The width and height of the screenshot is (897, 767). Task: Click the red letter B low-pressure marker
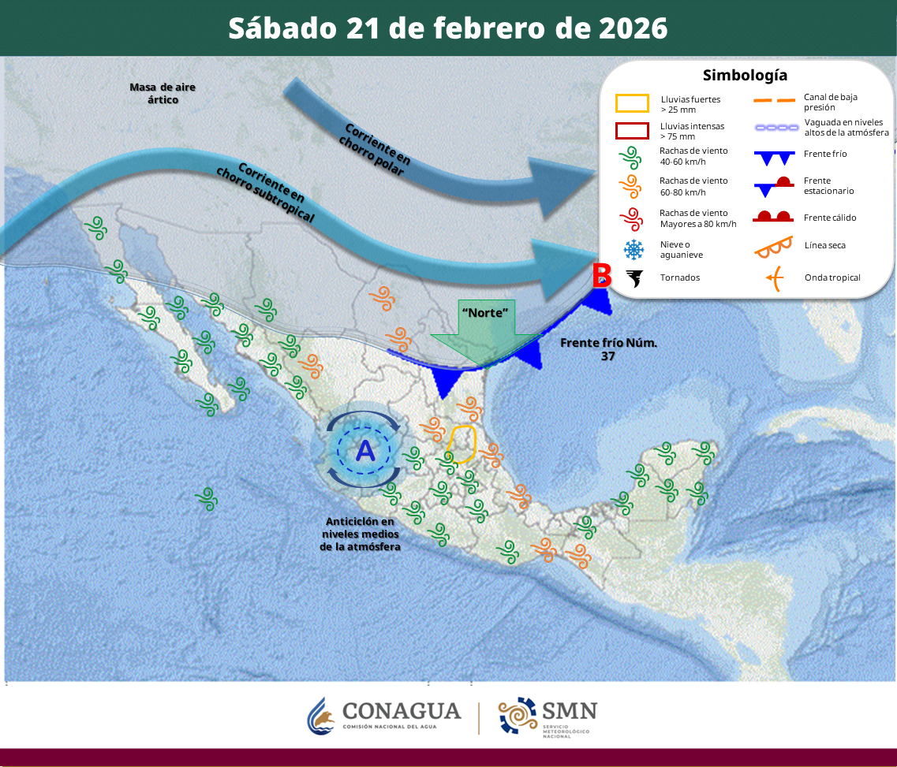602,275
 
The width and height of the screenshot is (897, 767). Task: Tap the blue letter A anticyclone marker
365,451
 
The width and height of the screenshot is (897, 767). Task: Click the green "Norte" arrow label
484,312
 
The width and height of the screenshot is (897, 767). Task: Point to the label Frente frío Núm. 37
608,349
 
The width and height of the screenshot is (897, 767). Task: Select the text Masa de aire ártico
163,93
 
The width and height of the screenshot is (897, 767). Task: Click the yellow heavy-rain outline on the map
462,443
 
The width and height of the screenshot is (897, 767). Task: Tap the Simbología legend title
745,76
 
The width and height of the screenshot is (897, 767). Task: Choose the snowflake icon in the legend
633,250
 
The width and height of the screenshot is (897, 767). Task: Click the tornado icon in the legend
634,277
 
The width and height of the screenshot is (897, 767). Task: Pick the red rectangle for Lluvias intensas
632,131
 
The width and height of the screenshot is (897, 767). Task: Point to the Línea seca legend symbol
773,246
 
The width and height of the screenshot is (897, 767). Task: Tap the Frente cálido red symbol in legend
773,217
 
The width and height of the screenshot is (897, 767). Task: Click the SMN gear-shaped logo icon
517,716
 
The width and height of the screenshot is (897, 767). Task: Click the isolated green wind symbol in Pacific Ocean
206,497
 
